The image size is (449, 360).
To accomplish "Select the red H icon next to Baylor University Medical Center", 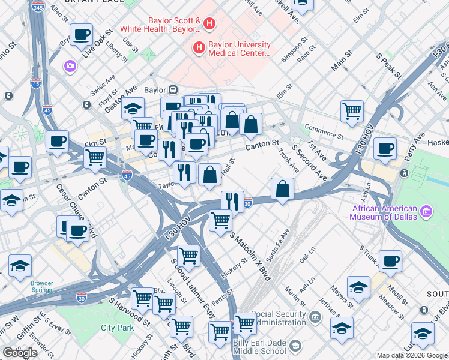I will (x=199, y=46).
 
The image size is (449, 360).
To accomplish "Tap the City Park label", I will (x=117, y=328).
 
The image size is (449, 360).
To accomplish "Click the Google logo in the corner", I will (x=20, y=353).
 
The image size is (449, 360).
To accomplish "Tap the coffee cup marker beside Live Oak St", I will (x=81, y=34).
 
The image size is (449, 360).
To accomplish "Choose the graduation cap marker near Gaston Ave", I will (x=133, y=109).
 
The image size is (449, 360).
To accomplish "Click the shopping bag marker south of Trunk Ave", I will (x=282, y=190).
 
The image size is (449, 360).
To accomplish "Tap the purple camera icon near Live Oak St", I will (x=70, y=65).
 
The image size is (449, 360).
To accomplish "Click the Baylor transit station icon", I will (x=173, y=89).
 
